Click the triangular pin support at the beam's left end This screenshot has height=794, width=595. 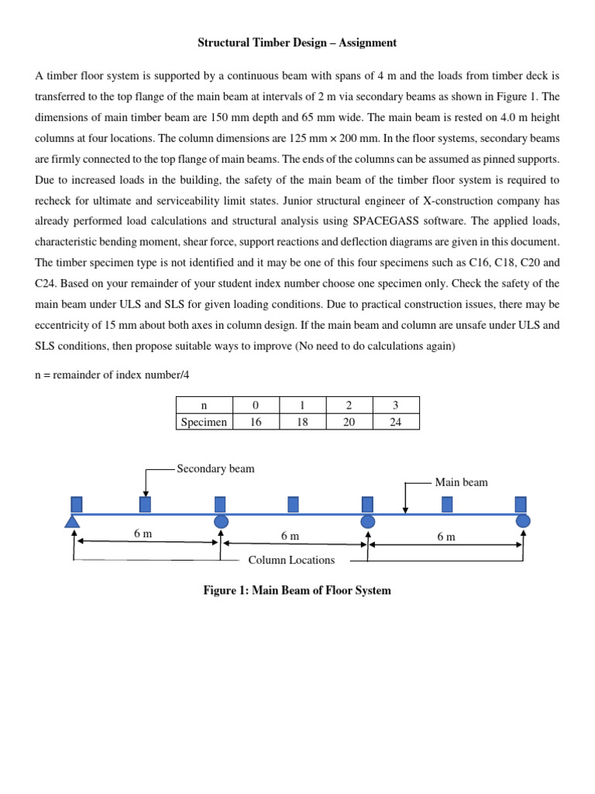coord(72,521)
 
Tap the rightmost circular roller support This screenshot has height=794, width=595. coord(523,520)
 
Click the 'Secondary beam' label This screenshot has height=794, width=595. coord(215,469)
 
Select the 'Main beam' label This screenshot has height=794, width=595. coord(461,482)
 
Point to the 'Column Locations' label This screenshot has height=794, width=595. coord(291,560)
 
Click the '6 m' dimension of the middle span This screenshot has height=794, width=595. coord(291,537)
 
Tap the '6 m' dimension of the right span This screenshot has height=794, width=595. coord(446,537)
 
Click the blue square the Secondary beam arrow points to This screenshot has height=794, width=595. coord(145,505)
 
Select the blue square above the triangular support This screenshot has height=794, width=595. coord(76,504)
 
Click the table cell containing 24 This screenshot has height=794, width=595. coord(396,422)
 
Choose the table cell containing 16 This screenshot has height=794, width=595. coord(256,422)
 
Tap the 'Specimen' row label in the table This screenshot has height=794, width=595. coord(204,422)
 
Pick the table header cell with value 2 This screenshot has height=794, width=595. coord(349,405)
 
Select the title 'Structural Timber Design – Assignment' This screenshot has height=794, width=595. coord(297,43)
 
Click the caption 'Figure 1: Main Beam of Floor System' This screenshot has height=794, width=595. coord(297,591)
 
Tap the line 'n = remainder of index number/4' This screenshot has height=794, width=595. coord(112,375)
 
